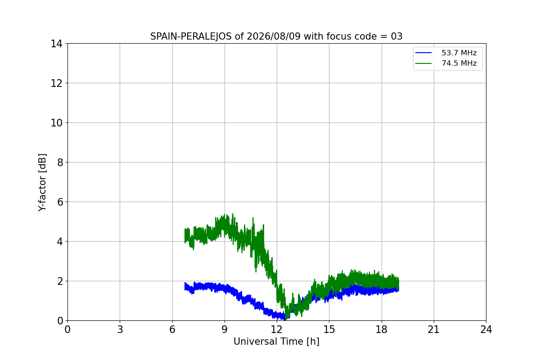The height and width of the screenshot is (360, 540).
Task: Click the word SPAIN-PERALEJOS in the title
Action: point(191,36)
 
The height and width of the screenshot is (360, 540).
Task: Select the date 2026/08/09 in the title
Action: point(274,36)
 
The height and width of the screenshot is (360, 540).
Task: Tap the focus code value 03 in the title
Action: point(396,36)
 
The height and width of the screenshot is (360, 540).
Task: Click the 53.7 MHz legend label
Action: point(459,53)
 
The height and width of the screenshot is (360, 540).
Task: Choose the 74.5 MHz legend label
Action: point(459,63)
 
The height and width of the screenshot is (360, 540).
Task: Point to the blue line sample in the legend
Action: point(423,53)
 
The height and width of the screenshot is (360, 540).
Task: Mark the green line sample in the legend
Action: point(423,63)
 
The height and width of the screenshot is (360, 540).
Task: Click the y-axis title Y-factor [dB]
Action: point(42,183)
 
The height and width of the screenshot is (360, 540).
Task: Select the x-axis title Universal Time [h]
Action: point(276,342)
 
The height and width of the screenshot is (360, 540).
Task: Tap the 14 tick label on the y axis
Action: point(56,44)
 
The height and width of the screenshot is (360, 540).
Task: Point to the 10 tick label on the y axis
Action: point(56,123)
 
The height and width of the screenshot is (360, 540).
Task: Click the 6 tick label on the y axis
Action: point(60,202)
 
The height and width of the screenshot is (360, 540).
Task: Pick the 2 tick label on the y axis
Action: point(60,281)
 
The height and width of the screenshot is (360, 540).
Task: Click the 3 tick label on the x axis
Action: point(120,329)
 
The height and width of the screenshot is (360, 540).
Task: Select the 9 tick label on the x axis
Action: point(225,329)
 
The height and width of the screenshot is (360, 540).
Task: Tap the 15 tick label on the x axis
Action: point(329,329)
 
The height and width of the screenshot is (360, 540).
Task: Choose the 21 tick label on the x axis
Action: point(434,329)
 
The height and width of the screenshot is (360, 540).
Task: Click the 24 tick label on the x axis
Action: point(486,329)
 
